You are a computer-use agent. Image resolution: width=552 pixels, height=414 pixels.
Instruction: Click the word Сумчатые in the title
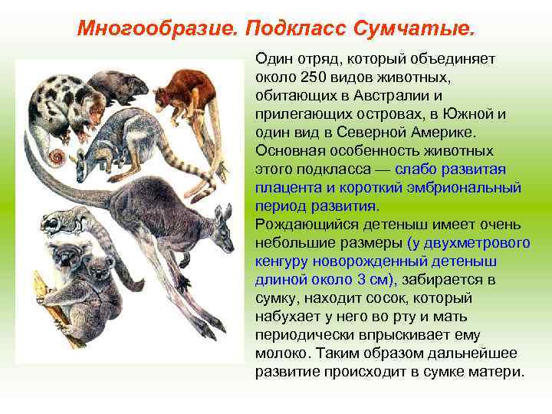(x=415, y=28)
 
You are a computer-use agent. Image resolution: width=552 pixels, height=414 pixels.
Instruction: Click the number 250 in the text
(x=315, y=77)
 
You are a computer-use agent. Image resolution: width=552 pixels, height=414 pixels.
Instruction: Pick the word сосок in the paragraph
(x=390, y=298)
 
